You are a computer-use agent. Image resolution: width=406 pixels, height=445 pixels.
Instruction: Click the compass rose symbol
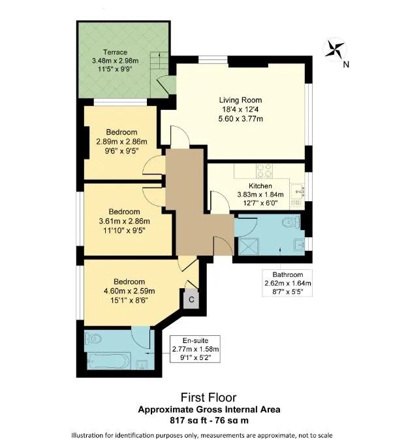[335, 48]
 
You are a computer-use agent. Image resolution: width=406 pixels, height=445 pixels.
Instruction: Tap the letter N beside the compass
[346, 65]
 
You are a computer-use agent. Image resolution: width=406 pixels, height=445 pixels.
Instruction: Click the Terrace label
[115, 52]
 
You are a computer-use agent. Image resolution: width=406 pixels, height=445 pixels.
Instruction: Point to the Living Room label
[240, 100]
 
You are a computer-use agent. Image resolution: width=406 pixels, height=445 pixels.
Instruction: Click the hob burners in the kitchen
[264, 171]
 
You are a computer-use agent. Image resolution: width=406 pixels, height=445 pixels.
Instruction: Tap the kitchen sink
[298, 191]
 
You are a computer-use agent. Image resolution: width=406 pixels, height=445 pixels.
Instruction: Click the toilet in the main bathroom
[290, 222]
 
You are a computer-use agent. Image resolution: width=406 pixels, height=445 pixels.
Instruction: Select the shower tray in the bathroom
[249, 247]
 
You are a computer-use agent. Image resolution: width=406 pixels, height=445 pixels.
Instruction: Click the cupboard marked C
[191, 299]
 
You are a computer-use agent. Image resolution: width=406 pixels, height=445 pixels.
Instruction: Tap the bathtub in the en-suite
[108, 361]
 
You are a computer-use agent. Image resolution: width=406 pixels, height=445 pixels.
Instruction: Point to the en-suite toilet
[93, 338]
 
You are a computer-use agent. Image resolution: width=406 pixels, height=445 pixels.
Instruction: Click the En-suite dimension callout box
[195, 349]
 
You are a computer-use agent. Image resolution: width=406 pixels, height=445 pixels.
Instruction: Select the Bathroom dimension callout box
[287, 283]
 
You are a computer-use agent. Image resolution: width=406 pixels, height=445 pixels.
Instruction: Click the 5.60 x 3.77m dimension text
[240, 119]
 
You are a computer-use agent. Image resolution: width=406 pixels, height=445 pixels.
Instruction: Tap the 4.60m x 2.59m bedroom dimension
[129, 291]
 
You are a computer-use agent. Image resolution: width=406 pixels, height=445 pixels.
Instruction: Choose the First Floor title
[208, 397]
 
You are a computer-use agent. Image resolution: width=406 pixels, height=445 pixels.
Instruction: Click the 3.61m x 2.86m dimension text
[124, 221]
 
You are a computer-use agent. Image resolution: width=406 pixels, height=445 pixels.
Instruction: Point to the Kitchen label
[260, 186]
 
